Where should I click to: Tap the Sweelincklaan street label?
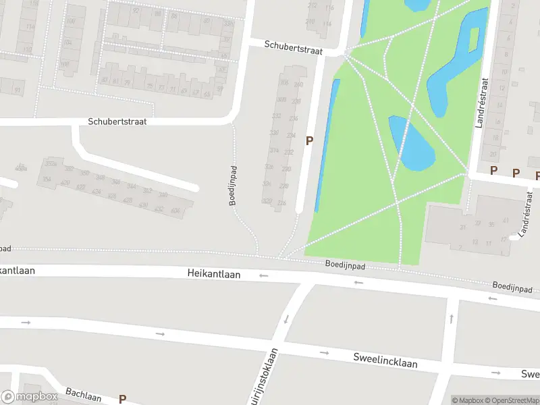coord(385,359)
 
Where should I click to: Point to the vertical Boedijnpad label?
coord(232,186)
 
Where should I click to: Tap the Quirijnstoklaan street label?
coord(267,379)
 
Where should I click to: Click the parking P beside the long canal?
coord(310,141)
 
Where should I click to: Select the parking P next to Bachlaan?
coord(122,399)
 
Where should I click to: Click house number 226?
coord(281,202)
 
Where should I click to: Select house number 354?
coord(47,179)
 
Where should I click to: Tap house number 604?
coord(176,211)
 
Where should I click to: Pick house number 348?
coord(100,177)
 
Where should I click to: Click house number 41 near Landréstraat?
coord(464,227)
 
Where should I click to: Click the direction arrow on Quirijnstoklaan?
coord(286,319)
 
